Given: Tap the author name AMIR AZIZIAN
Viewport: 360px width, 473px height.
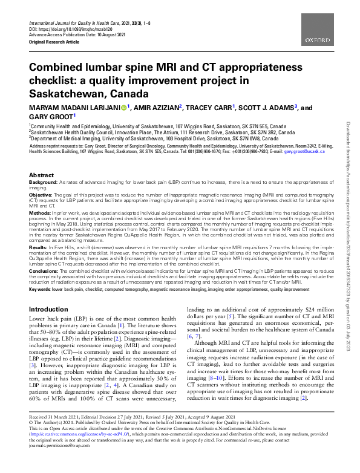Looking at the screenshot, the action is pyautogui.click(x=155, y=108).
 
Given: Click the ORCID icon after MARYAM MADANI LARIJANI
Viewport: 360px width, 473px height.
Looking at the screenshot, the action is pyautogui.click(x=124, y=108).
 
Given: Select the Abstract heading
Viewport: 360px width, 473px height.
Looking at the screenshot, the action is pyautogui.click(x=41, y=175).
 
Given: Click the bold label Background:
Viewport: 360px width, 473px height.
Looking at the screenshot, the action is pyautogui.click(x=44, y=182).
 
